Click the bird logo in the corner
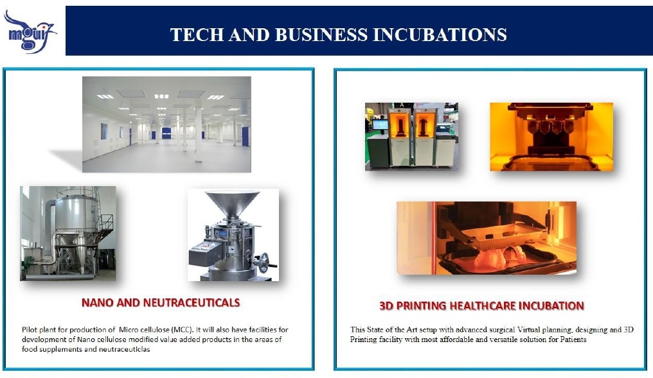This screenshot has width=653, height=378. (30, 31)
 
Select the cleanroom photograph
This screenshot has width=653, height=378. (166, 125)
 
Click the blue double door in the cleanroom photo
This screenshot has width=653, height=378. (166, 133)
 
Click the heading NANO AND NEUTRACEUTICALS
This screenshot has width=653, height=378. (161, 303)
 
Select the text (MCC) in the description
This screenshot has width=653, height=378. (183, 330)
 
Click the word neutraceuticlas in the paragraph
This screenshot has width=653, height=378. (124, 349)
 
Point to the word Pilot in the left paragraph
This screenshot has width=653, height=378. (29, 330)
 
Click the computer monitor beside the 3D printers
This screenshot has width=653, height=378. (380, 125)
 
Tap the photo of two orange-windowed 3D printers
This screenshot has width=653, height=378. (411, 137)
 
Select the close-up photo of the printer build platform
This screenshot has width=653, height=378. (551, 137)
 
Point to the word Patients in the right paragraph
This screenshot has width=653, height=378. (572, 339)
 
